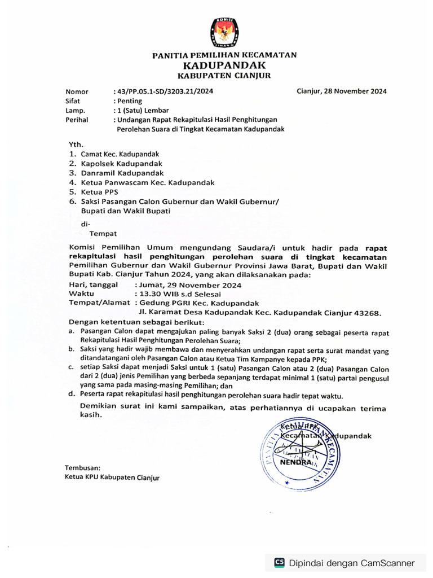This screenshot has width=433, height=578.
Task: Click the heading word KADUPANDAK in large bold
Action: [224, 65]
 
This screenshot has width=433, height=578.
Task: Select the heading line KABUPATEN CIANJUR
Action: [224, 76]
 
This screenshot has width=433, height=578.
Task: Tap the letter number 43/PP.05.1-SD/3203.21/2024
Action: [164, 91]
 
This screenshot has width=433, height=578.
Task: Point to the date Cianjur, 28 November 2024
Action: [341, 91]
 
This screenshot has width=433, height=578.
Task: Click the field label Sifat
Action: [73, 101]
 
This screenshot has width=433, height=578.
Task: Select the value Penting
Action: [129, 101]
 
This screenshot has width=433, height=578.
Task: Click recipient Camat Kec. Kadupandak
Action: [120, 154]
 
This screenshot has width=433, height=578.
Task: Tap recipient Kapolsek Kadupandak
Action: [117, 163]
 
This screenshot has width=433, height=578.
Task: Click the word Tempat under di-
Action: [103, 233]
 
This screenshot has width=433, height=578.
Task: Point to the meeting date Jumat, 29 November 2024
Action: [188, 285]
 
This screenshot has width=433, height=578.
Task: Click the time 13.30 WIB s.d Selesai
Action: [178, 294]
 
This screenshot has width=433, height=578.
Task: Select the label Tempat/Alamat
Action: [99, 303]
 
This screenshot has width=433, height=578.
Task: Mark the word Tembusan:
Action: [82, 468]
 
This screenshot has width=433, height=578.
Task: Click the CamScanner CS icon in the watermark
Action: [279, 562]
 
